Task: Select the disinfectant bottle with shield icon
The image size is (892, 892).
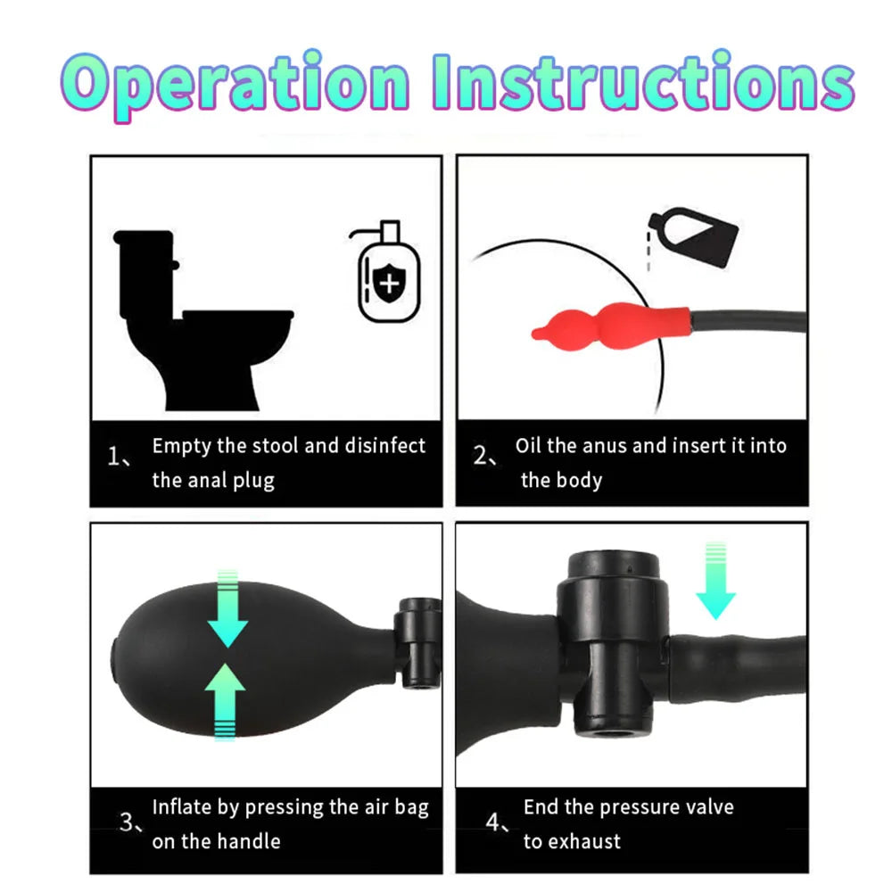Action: [x=386, y=271]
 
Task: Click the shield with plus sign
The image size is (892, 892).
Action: [x=389, y=283]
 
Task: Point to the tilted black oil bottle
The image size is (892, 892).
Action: [x=693, y=236]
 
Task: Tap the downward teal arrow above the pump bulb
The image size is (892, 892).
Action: [x=227, y=608]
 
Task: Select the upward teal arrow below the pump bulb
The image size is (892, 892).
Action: [x=226, y=701]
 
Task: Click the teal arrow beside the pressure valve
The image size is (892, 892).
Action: [x=715, y=581]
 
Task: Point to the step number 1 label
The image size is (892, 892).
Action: [x=119, y=457]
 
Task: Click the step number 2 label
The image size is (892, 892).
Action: [x=484, y=456]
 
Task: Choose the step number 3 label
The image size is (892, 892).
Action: [x=131, y=822]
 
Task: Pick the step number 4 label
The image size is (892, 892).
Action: [x=497, y=822]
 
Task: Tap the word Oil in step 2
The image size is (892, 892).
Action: [x=528, y=445]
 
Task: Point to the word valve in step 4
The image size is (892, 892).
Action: [x=710, y=806]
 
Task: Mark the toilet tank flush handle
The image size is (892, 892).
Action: [x=176, y=265]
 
